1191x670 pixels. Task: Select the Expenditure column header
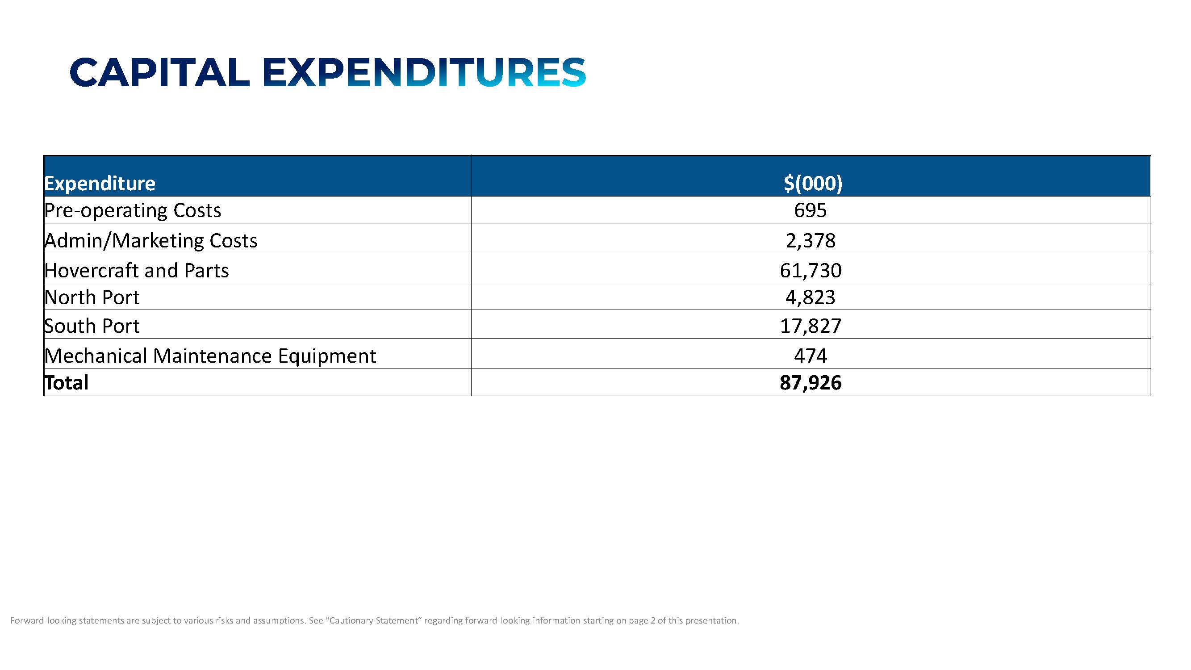click(x=100, y=184)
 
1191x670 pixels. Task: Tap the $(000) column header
click(x=813, y=183)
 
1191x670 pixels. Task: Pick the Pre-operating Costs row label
click(x=133, y=211)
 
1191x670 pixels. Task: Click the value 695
click(x=811, y=211)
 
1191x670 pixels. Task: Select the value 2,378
click(x=811, y=241)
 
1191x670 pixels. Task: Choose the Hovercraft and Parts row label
click(x=136, y=271)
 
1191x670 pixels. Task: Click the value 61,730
click(x=811, y=271)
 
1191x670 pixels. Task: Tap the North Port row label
click(x=92, y=297)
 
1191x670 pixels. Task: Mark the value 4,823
click(x=811, y=297)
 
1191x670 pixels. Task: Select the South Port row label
click(x=92, y=326)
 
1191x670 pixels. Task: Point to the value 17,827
click(x=811, y=326)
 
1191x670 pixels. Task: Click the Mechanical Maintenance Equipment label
click(x=210, y=356)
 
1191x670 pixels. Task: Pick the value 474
click(x=811, y=356)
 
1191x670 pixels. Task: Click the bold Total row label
click(x=67, y=383)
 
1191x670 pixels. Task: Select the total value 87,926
click(x=811, y=383)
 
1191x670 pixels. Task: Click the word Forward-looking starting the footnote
click(x=43, y=620)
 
